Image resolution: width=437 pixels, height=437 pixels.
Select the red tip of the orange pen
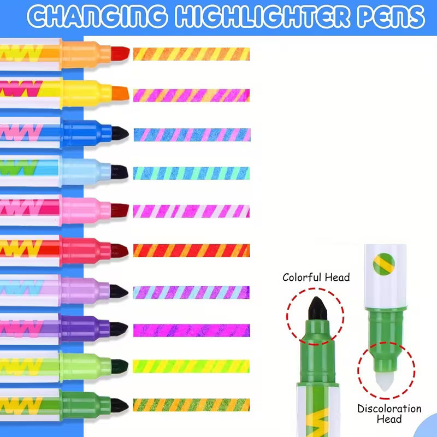point(120,53)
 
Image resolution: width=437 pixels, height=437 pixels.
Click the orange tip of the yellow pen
point(120,93)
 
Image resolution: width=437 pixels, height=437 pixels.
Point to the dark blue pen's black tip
point(120,133)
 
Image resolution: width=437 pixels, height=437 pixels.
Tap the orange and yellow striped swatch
point(192,54)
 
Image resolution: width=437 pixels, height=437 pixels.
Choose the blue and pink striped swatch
point(192,134)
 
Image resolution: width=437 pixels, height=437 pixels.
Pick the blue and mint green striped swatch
point(191,173)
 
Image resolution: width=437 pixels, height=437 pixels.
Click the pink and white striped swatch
point(191,211)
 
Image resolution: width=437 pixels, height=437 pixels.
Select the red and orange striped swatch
point(192,250)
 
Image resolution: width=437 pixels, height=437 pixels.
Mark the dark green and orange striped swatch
point(191,405)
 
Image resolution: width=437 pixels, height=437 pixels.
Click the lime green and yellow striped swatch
point(191,366)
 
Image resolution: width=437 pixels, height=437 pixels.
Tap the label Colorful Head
point(316,277)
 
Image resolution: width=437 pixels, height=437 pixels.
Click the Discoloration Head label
point(389,414)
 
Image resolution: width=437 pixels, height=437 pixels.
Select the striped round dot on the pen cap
point(384,264)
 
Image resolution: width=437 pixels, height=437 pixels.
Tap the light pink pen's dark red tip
point(120,210)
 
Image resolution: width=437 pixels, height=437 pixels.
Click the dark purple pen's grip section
point(86,328)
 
